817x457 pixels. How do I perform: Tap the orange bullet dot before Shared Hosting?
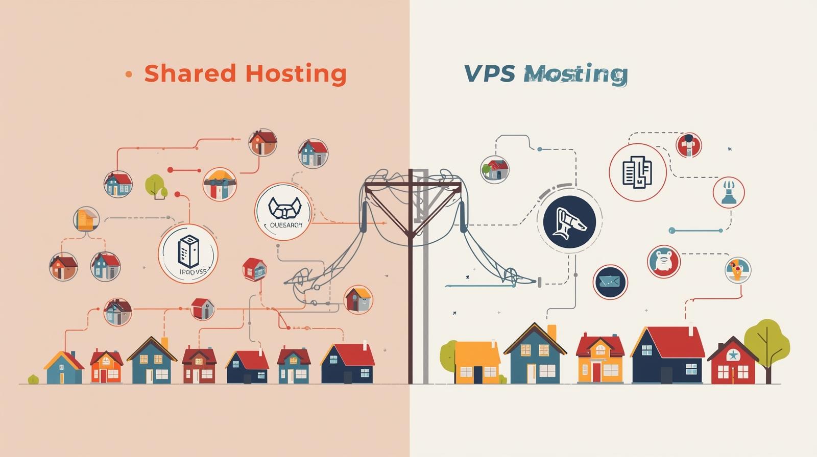[x=129, y=74]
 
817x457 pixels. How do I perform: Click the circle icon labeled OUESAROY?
[x=283, y=211]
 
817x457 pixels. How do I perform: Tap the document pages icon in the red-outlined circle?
[x=637, y=172]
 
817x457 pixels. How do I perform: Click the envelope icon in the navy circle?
[x=610, y=282]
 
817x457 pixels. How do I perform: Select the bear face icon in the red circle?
[x=664, y=261]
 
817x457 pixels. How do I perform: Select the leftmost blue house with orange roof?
[x=63, y=368]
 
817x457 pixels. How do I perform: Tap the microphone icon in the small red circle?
[x=689, y=145]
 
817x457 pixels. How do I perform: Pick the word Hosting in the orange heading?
[x=296, y=73]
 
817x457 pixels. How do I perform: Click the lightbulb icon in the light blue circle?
[x=738, y=269]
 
